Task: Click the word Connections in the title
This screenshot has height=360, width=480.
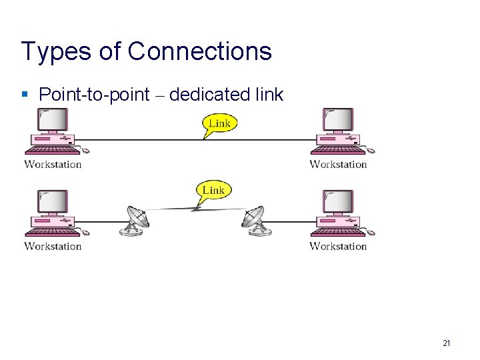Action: (x=199, y=51)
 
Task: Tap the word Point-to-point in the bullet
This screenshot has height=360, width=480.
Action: (x=94, y=95)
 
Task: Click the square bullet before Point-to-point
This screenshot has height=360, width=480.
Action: (x=25, y=95)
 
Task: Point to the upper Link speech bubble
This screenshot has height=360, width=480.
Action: (x=219, y=123)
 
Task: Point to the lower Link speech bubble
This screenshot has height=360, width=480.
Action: (x=213, y=191)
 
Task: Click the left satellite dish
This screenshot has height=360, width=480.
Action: (x=136, y=220)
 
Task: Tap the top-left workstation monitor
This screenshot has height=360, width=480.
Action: (x=54, y=121)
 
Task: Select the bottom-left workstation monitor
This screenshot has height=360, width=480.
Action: (x=54, y=202)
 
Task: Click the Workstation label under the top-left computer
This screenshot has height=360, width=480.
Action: (x=53, y=164)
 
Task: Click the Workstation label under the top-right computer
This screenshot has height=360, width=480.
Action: (x=338, y=164)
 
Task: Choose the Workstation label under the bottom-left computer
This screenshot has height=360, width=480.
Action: (x=53, y=246)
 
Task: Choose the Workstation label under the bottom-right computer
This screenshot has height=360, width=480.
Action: (x=338, y=246)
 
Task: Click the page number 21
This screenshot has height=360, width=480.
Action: (x=446, y=343)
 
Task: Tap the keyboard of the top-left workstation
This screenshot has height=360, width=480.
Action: (x=52, y=151)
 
